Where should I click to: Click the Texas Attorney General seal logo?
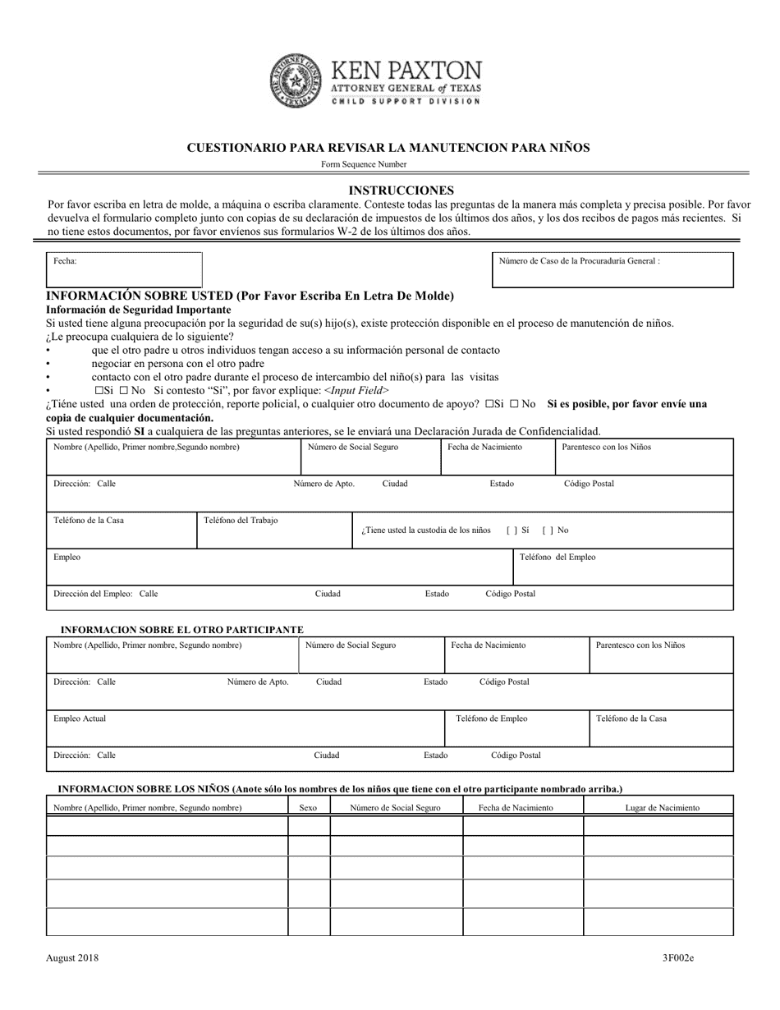tap(296, 80)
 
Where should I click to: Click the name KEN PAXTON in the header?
tap(406, 71)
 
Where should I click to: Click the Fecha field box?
tap(124, 269)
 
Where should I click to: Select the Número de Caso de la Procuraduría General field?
tap(612, 269)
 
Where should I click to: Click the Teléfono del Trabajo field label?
tap(241, 521)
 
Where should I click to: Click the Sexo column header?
tap(308, 808)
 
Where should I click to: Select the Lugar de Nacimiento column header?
tap(662, 808)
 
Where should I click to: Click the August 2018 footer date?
tap(73, 957)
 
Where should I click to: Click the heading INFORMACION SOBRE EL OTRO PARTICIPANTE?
tap(183, 630)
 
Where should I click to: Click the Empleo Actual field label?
tap(80, 718)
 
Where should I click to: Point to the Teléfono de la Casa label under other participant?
tap(631, 718)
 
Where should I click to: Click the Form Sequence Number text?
tap(364, 164)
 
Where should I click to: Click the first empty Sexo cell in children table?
tap(309, 826)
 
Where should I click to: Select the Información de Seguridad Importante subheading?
tap(138, 310)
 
